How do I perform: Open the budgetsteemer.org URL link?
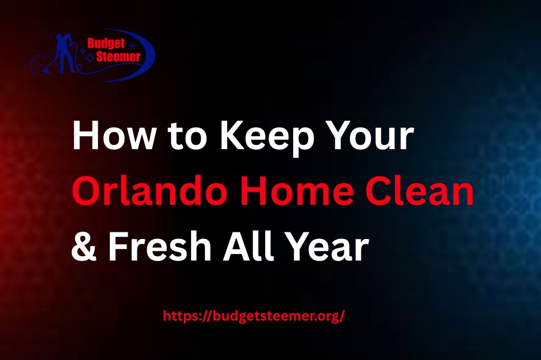[x=254, y=316]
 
